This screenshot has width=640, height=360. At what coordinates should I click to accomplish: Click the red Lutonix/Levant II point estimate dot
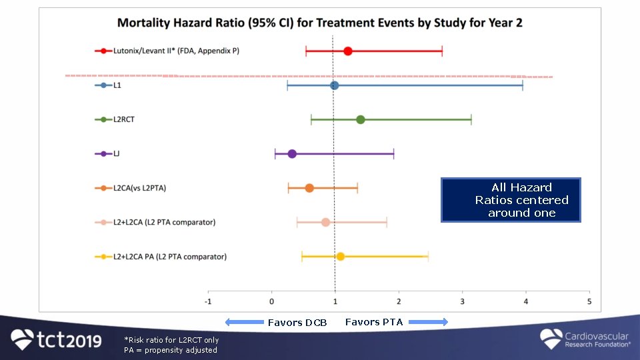[x=347, y=51]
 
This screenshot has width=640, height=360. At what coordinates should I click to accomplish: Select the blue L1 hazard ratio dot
[x=334, y=85]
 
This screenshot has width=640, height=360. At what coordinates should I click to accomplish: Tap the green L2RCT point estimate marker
[x=360, y=119]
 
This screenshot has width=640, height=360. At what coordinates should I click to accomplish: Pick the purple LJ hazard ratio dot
[x=292, y=154]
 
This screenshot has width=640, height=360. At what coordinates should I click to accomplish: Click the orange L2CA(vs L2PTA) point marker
[x=309, y=188]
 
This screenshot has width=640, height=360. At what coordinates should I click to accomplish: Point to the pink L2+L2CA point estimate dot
[x=325, y=222]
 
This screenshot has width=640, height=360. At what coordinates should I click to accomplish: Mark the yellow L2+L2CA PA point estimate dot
[x=340, y=256]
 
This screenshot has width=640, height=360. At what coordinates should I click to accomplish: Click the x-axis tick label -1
[x=208, y=301]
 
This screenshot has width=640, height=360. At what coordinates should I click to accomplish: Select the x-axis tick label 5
[x=589, y=301]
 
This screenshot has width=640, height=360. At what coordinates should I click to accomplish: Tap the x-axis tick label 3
[x=462, y=301]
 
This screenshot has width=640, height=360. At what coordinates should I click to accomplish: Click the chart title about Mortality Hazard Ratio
[x=320, y=23]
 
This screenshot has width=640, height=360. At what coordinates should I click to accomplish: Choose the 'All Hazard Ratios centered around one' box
[x=511, y=199]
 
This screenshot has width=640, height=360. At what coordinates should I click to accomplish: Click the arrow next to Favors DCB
[x=245, y=323]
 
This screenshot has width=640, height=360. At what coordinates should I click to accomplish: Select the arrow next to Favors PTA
[x=428, y=322]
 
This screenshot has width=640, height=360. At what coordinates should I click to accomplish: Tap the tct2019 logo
[x=57, y=340]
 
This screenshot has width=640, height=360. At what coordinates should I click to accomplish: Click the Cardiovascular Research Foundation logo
[x=585, y=339]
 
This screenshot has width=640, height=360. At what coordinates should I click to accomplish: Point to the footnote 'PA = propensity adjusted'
[x=171, y=350]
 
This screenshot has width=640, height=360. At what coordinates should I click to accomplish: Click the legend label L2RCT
[x=125, y=119]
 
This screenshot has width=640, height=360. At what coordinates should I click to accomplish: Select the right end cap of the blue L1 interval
[x=523, y=85]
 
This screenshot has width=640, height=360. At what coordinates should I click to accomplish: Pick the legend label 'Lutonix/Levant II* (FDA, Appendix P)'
[x=176, y=51]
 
